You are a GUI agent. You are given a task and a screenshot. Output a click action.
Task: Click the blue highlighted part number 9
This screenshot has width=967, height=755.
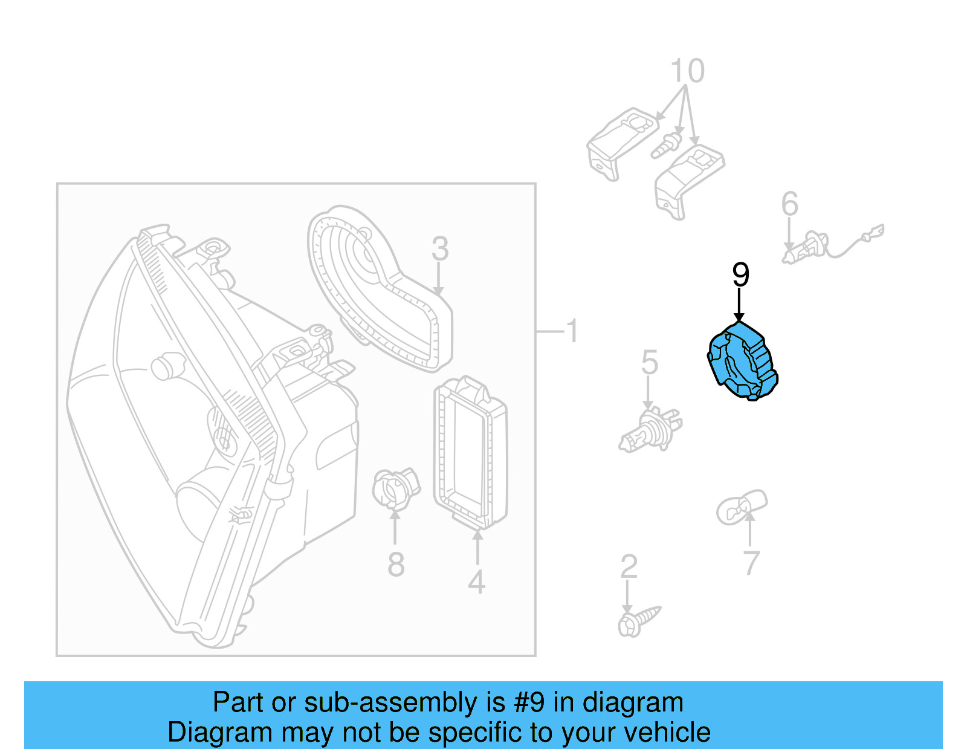[742, 361]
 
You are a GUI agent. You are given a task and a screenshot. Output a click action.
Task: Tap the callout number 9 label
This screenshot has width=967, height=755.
[740, 276]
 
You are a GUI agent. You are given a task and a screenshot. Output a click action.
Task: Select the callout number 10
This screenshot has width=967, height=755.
[687, 71]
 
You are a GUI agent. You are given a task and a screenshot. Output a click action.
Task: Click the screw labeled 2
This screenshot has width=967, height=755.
[638, 621]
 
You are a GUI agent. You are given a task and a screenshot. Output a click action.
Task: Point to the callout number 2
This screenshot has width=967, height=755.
[629, 566]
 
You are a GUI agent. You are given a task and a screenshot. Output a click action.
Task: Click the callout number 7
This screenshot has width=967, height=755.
[750, 563]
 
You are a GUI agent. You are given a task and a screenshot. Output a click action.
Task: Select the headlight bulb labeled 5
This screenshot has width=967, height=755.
[650, 430]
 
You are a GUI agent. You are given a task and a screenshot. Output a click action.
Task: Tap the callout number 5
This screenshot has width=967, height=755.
[649, 363]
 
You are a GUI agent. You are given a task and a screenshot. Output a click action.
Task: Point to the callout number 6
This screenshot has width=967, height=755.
[789, 204]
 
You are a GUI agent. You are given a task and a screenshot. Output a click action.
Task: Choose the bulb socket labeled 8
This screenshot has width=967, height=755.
[395, 488]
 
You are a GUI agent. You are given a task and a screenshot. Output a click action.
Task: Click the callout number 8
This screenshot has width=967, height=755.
[396, 565]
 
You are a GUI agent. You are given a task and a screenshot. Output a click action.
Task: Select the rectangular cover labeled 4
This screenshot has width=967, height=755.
[470, 453]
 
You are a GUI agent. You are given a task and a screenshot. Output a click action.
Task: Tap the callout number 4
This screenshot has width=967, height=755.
[477, 582]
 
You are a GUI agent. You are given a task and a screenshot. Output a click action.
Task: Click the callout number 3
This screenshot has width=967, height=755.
[440, 249]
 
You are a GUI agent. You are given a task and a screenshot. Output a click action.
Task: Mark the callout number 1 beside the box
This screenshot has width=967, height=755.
[571, 331]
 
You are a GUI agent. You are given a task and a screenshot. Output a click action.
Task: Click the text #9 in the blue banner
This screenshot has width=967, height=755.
[529, 702]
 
